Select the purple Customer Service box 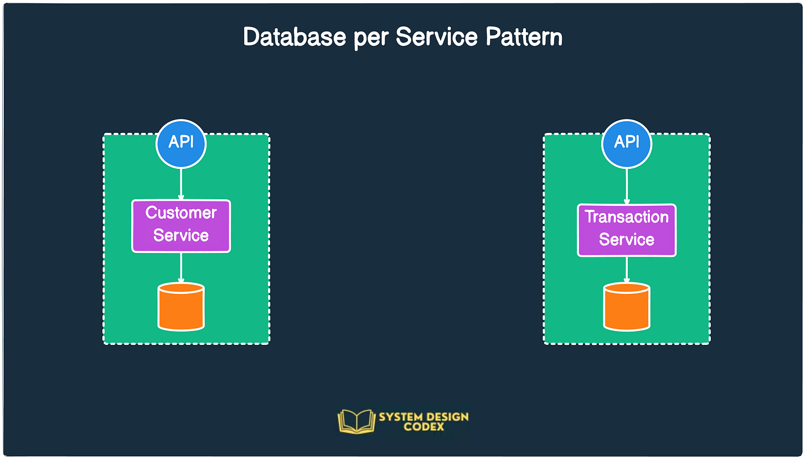(181, 226)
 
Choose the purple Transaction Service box (627, 230)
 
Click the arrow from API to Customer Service (181, 184)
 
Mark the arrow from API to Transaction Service (627, 186)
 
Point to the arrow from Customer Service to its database (181, 267)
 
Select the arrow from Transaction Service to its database (627, 270)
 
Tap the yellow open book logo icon (356, 421)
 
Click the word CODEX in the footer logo (423, 427)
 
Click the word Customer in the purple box (181, 213)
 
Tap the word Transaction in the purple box (627, 217)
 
